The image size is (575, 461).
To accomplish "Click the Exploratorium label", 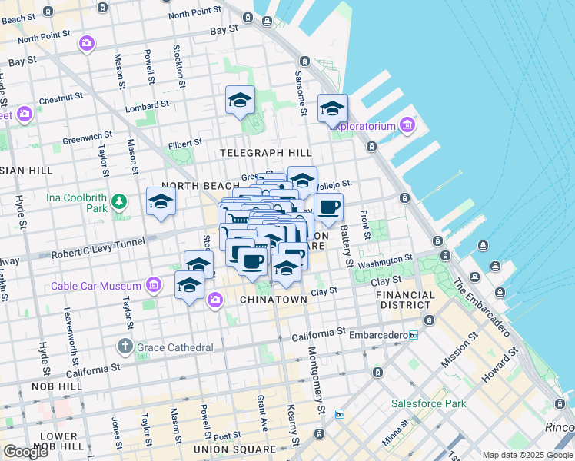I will (x=362, y=126).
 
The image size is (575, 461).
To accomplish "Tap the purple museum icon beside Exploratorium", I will (x=407, y=125).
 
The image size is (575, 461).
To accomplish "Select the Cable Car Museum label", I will (x=96, y=286).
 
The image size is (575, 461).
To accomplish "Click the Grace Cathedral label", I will (x=174, y=347).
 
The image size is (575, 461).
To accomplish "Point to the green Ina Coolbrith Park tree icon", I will (x=118, y=201).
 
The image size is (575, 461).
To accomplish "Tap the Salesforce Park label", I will (x=428, y=403).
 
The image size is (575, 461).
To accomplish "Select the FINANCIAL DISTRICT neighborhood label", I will (x=407, y=300).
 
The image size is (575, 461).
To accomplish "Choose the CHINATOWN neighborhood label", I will (x=274, y=299).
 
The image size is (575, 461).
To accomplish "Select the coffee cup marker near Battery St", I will (x=328, y=207).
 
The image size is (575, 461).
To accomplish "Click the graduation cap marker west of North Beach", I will (x=161, y=201).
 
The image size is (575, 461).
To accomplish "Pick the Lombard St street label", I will (x=148, y=104).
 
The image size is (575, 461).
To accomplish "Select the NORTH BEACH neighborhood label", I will (x=191, y=186).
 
